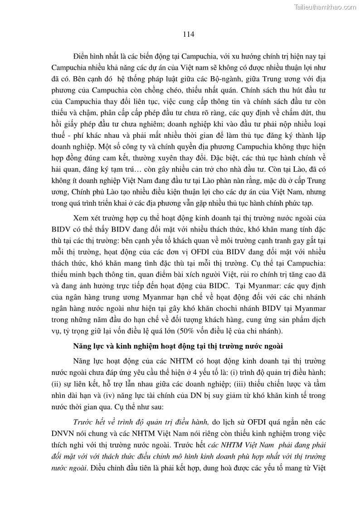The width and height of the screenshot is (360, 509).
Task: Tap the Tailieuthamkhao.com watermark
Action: point(325,7)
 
